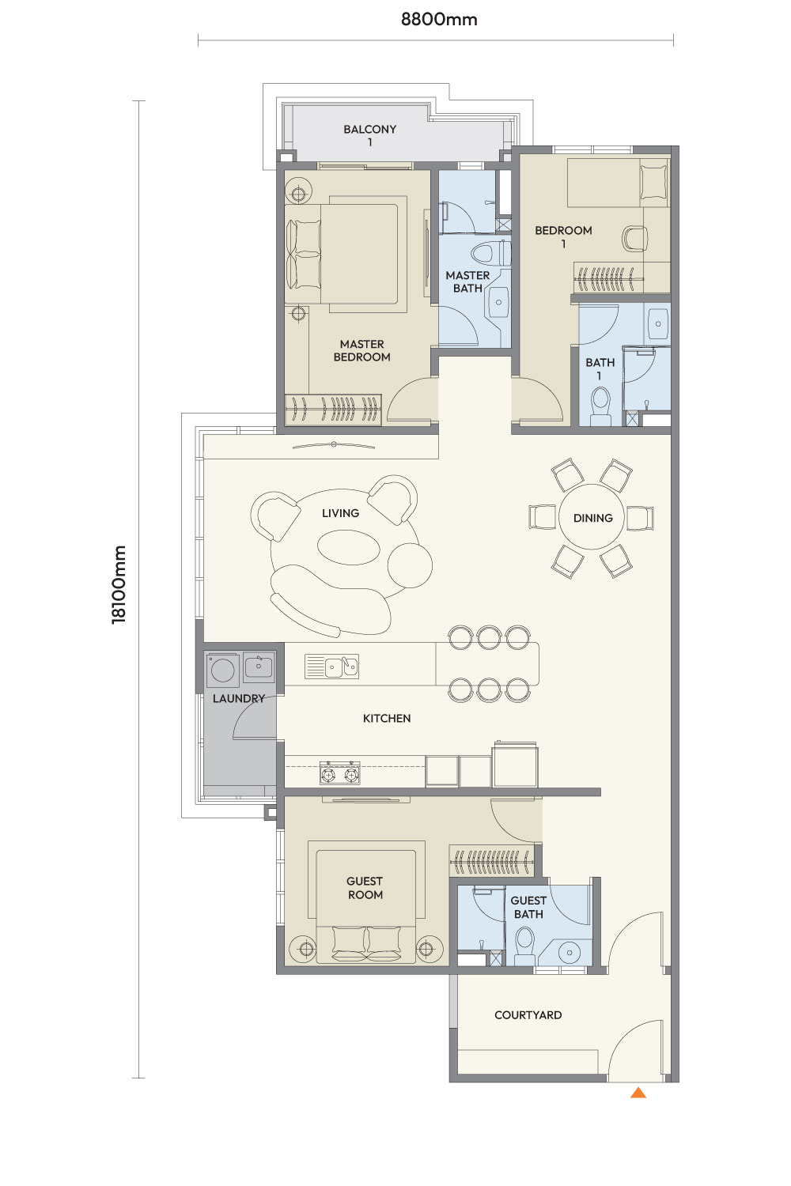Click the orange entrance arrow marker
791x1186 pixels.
[638, 1092]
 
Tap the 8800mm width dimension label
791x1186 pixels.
[439, 20]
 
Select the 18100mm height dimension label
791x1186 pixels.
[119, 585]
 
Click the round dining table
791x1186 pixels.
[592, 517]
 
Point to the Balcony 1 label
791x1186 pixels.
[370, 135]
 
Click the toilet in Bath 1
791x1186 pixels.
[601, 406]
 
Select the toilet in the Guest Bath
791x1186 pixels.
[525, 946]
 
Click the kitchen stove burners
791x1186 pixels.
[339, 773]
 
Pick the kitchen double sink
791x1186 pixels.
[332, 667]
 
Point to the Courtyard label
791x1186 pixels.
[528, 1015]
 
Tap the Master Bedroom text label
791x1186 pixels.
[361, 350]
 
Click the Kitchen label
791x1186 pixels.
[387, 719]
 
